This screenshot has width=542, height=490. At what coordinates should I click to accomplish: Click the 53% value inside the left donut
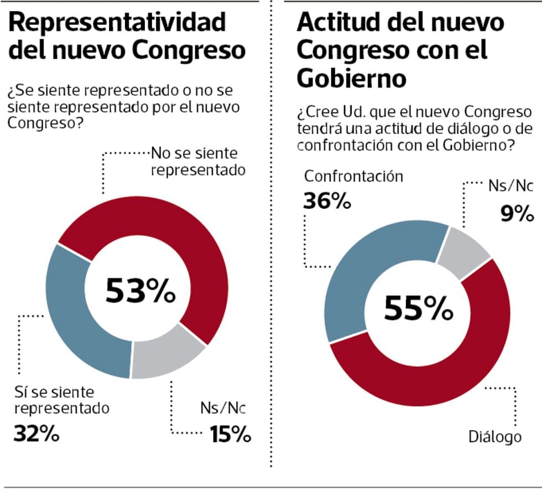[140, 291]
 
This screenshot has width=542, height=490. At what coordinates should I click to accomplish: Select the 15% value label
[230, 435]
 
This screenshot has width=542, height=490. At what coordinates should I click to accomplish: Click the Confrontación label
[353, 177]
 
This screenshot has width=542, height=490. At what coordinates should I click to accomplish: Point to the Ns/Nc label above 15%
[222, 410]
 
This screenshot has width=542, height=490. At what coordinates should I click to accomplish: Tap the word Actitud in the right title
[338, 23]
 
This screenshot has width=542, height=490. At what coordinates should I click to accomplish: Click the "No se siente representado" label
[197, 160]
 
